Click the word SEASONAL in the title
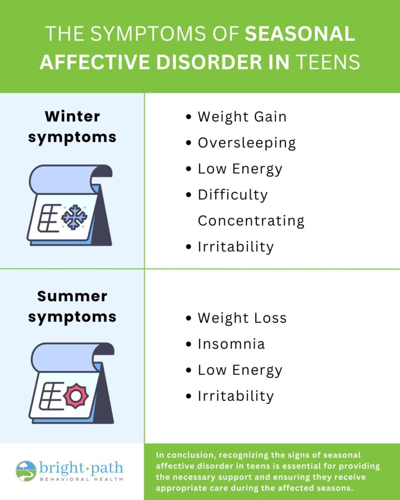(x=300, y=34)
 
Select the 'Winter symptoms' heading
(x=72, y=127)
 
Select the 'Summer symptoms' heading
(x=72, y=307)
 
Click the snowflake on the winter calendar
(x=74, y=217)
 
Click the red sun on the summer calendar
(x=76, y=396)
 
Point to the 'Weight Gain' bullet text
(x=242, y=117)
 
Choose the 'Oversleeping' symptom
(x=247, y=143)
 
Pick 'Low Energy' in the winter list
(x=240, y=169)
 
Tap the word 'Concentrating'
(x=251, y=221)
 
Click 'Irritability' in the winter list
(x=236, y=247)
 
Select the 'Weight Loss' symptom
(x=242, y=318)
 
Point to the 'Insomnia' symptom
(x=232, y=344)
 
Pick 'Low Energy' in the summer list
(x=240, y=371)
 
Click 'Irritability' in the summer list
(x=236, y=396)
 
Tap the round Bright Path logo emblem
(x=26, y=471)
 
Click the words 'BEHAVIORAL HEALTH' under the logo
(x=82, y=479)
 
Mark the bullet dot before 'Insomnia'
(x=189, y=344)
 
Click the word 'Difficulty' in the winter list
(x=232, y=195)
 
